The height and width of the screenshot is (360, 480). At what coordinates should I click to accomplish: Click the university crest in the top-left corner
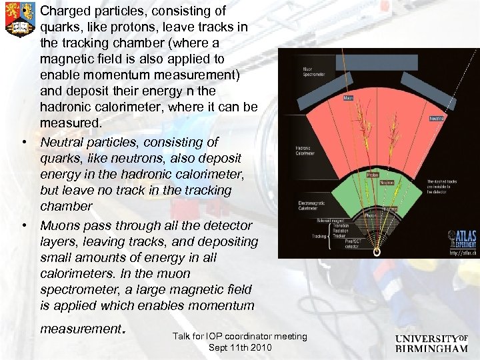[19, 19]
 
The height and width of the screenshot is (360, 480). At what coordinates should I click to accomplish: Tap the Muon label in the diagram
[349, 97]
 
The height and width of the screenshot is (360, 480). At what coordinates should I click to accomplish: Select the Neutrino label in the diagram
[437, 118]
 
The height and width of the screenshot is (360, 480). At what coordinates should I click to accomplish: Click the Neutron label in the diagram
[387, 182]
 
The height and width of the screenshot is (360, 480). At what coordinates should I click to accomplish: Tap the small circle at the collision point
[377, 252]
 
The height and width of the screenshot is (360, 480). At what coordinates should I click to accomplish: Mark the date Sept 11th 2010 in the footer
[240, 347]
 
